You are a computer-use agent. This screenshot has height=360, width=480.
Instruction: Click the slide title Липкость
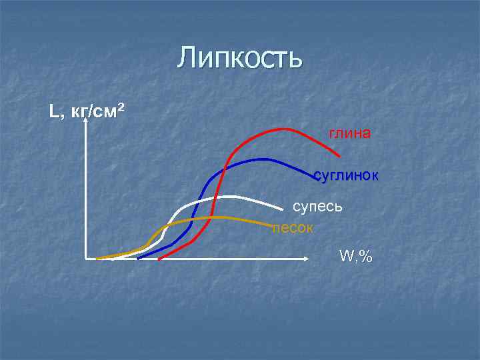click(240, 58)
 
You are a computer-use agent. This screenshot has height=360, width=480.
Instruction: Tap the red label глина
click(349, 133)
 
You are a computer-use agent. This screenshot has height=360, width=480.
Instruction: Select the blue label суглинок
click(346, 176)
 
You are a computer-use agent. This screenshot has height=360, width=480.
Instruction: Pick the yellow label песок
click(293, 227)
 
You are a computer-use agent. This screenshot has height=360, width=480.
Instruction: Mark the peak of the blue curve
click(263, 159)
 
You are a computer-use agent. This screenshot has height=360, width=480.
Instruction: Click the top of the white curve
click(230, 196)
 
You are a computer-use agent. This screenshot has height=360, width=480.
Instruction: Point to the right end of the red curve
click(339, 156)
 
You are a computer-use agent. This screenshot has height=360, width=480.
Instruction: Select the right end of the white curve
click(283, 209)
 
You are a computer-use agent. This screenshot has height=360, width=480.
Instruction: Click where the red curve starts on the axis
click(159, 259)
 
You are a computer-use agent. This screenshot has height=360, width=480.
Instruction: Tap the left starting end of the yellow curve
click(97, 258)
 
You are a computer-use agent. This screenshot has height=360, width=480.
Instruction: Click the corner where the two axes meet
click(87, 257)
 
